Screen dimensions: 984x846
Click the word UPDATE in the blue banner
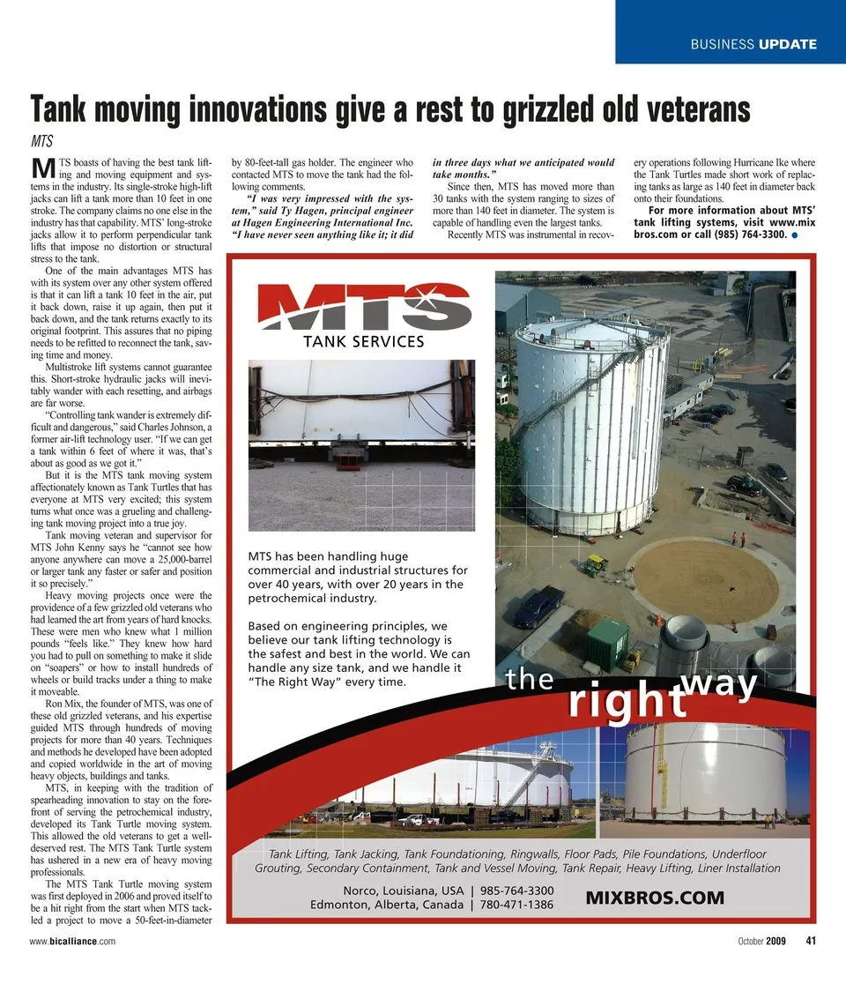click(787, 44)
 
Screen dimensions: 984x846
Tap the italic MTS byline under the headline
click(41, 140)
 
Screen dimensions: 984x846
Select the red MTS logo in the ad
click(364, 306)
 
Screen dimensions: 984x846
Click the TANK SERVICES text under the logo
click(364, 341)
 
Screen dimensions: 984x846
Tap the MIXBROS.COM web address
click(655, 898)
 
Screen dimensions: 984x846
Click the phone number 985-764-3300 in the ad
click(516, 890)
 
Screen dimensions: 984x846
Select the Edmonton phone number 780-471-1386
click(516, 905)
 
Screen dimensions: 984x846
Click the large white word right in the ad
click(627, 700)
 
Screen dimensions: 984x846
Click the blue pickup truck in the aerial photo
click(538, 606)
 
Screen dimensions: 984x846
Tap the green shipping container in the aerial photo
click(608, 644)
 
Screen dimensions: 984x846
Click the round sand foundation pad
click(705, 582)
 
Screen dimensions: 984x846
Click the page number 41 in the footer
click(812, 941)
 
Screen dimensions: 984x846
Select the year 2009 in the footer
click(775, 941)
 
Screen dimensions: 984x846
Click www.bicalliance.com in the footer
click(71, 942)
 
